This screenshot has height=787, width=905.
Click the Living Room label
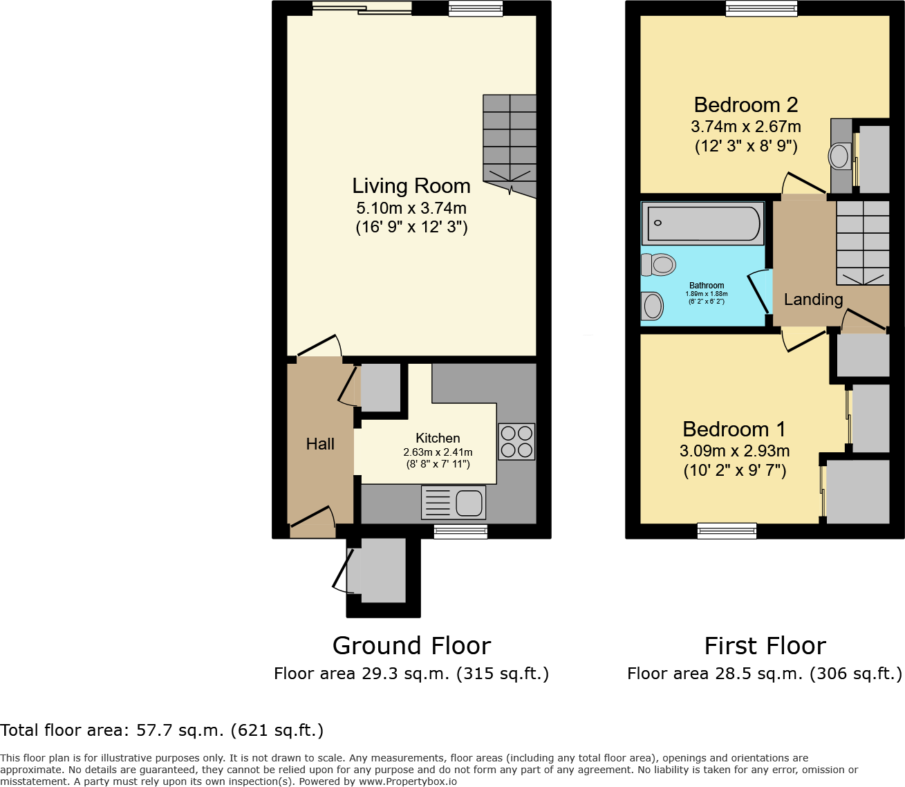click(x=411, y=186)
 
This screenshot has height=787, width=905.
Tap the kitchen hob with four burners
click(x=516, y=441)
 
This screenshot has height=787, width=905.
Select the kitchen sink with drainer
click(x=454, y=503)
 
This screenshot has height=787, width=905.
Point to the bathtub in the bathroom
click(x=703, y=223)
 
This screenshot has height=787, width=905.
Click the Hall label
click(x=320, y=444)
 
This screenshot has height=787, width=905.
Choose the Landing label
click(x=814, y=299)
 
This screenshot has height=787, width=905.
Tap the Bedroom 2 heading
click(x=746, y=105)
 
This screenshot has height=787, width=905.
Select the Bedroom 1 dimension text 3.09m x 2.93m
click(x=735, y=451)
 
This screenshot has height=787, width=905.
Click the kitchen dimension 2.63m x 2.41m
click(x=438, y=452)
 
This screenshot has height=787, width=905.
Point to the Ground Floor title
click(x=412, y=645)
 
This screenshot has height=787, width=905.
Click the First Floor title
click(x=765, y=645)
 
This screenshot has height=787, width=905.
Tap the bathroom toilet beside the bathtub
click(x=658, y=265)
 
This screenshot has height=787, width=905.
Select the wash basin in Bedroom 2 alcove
click(x=839, y=156)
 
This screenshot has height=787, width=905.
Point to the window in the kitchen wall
click(x=460, y=532)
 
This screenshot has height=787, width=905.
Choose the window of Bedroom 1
click(x=727, y=531)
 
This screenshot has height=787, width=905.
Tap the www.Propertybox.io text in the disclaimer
click(x=408, y=781)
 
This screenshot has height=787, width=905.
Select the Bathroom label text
click(x=707, y=286)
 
